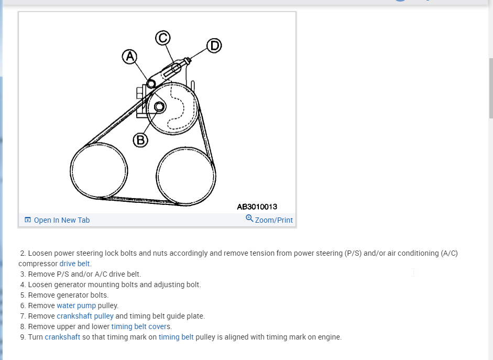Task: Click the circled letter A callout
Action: pos(129,57)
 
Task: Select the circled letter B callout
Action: pos(140,140)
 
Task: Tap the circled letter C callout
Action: pos(163,38)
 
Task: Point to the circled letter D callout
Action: pos(213,46)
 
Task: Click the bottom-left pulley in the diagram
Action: pos(99,171)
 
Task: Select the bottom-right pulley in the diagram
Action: pos(186,176)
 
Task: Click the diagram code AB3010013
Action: pos(257,207)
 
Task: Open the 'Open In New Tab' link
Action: pos(61,220)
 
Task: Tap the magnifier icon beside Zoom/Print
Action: pos(249,219)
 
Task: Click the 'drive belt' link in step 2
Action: pos(74,264)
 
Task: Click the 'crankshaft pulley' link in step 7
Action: pos(85,316)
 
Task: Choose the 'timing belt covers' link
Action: pos(140,326)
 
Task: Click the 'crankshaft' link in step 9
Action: pos(62,337)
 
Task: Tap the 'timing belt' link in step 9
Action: pos(176,337)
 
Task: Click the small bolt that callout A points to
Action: pos(151,84)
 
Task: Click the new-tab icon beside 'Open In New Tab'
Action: pos(28,220)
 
